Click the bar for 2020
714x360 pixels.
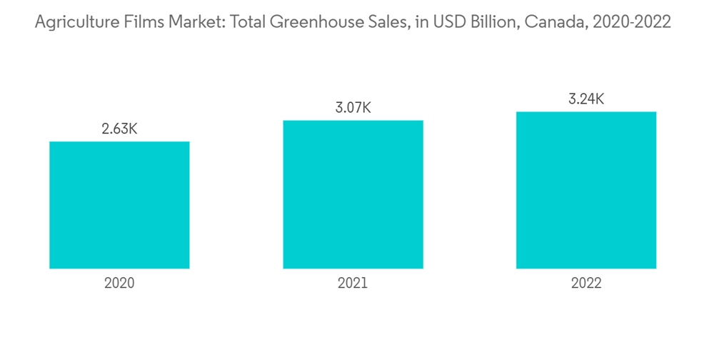(x=119, y=205)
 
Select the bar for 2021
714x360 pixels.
(x=353, y=194)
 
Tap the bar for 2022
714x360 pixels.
(x=586, y=190)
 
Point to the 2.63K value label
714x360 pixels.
(x=119, y=129)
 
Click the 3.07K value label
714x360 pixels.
(x=353, y=108)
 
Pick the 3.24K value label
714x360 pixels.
(x=586, y=99)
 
